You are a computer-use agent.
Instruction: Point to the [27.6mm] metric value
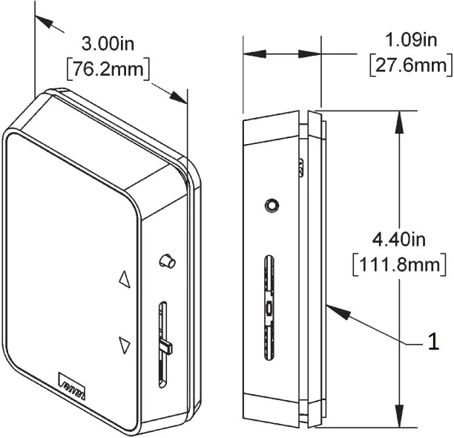410,65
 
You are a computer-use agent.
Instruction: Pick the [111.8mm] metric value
401,264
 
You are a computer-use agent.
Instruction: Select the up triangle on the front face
124,279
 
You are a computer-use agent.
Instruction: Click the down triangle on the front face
124,345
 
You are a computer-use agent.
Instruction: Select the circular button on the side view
272,204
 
